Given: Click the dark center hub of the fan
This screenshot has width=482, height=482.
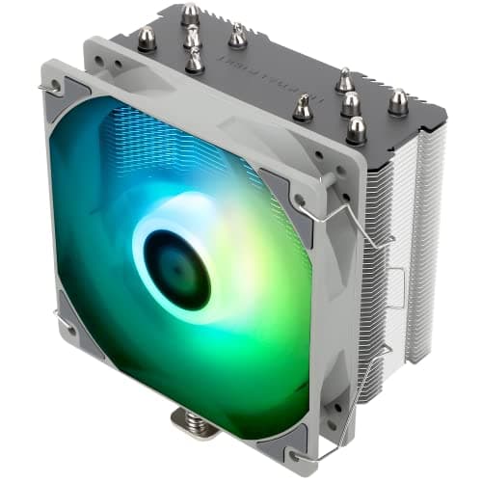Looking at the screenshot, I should coord(175,267).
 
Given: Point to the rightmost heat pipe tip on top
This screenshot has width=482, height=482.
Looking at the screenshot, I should coord(396,102).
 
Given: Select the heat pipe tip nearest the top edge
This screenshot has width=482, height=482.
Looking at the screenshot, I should coord(189,14).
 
